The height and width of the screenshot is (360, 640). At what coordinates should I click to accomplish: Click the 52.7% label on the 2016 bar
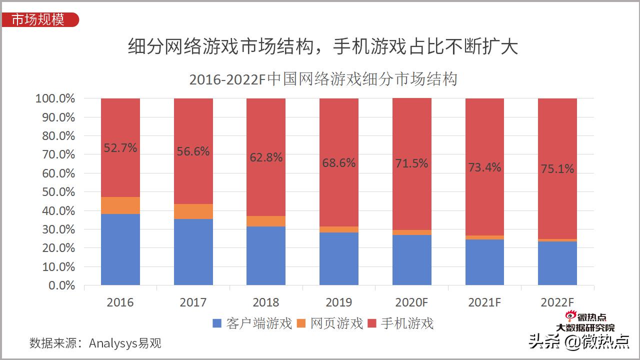point(120,148)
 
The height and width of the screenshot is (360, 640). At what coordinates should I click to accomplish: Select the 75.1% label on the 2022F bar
point(557,169)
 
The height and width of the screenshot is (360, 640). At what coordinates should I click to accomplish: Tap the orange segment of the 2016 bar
point(120,205)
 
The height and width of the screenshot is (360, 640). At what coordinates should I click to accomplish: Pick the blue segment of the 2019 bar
point(338,258)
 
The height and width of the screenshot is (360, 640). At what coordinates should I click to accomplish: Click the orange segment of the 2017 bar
point(193,211)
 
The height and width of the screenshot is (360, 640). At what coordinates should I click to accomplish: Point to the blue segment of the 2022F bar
point(557,263)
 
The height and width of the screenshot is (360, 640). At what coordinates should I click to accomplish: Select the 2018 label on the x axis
point(265,302)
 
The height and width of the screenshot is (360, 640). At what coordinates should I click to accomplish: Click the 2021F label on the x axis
point(484,302)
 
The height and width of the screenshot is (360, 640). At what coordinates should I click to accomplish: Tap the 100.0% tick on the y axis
point(55,98)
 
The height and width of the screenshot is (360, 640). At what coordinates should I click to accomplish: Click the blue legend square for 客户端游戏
point(217,323)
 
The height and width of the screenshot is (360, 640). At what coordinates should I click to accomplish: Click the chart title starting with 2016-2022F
point(323,79)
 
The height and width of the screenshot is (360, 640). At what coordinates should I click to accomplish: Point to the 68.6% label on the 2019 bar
point(338,162)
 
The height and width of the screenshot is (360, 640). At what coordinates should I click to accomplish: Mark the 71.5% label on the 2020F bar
point(411,163)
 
